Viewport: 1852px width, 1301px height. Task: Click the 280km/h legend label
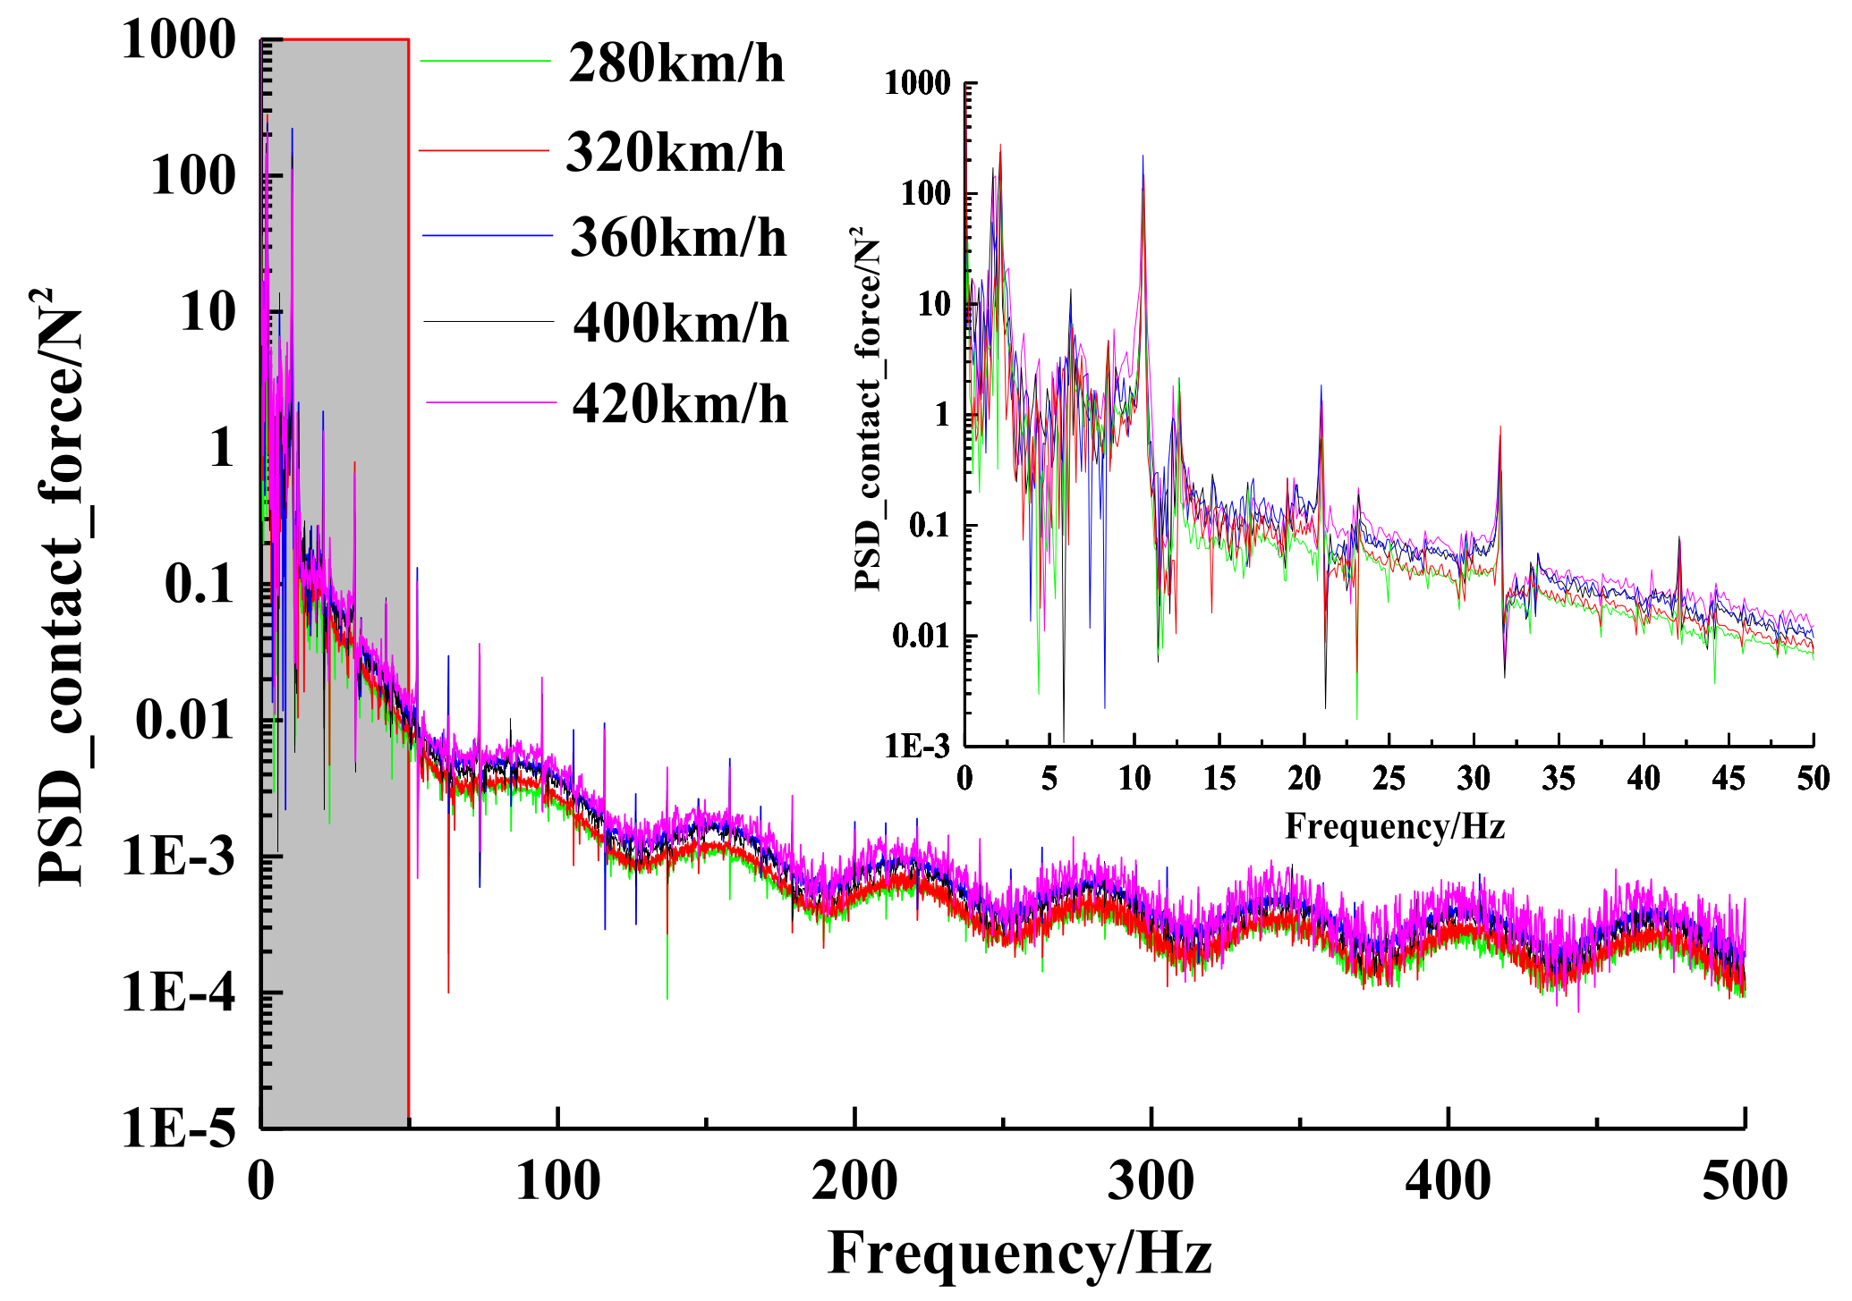pos(676,64)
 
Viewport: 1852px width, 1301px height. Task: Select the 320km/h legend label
pos(675,153)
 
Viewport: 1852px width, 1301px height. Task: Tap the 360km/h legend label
pos(678,239)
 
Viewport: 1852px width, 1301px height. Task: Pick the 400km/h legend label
pos(681,324)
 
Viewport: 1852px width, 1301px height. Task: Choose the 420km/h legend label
pos(680,405)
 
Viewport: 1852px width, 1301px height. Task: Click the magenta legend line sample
pos(490,403)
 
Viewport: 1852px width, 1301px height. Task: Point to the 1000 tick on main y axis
pos(179,40)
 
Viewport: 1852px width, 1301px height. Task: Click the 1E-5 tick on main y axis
pos(179,1128)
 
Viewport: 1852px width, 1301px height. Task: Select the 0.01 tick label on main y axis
pos(185,721)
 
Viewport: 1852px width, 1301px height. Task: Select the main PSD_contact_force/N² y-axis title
pos(61,586)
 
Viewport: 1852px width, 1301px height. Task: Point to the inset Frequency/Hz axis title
pos(1395,826)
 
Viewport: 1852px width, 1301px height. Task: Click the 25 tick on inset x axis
pos(1389,779)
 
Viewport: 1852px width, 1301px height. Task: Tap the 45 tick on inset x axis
pos(1728,779)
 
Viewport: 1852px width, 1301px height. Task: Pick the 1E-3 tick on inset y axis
pos(916,746)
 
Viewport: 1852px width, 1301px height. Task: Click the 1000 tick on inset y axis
pos(917,83)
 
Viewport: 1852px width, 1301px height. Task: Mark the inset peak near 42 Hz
pos(1679,539)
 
